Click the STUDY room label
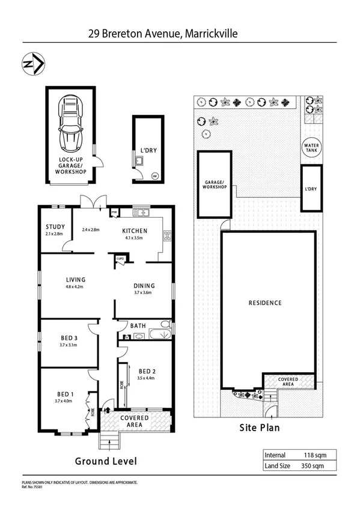tap(55, 227)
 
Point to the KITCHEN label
tap(135, 230)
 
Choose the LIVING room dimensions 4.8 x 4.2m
tap(76, 287)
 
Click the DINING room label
tap(144, 286)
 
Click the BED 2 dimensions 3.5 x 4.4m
tap(147, 378)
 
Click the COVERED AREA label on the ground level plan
tap(135, 421)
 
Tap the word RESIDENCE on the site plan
tap(265, 303)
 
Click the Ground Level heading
tap(106, 461)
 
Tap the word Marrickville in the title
tap(210, 34)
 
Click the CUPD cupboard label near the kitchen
tap(120, 259)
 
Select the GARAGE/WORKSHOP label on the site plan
tap(215, 184)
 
